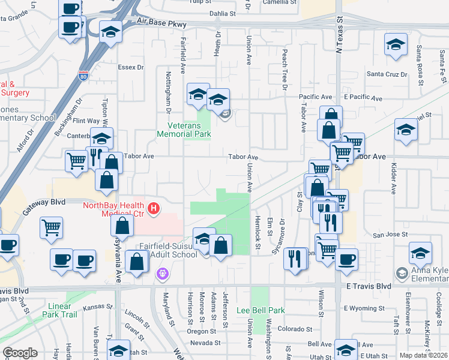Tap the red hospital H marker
click(x=154, y=209)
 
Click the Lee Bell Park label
click(x=260, y=310)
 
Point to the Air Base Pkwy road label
click(x=161, y=24)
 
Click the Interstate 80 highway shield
click(x=83, y=75)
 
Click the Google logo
click(x=20, y=353)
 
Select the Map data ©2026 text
click(x=423, y=355)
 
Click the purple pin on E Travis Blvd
click(x=161, y=275)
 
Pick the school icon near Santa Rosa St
click(x=396, y=45)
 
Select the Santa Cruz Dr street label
click(x=387, y=74)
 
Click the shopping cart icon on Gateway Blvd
click(x=51, y=227)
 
